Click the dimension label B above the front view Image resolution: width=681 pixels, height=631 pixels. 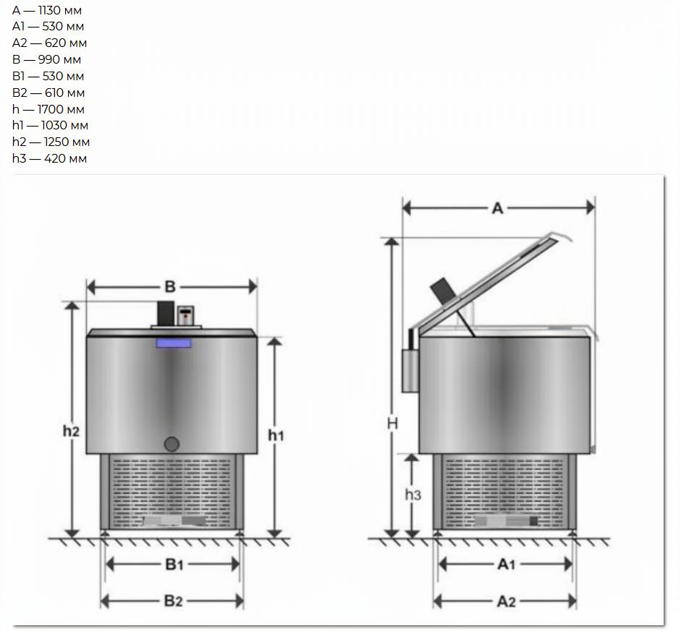[170, 287]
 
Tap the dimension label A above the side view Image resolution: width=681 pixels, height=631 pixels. [498, 209]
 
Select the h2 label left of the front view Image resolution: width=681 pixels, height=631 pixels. [71, 431]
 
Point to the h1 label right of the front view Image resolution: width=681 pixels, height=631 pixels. [276, 435]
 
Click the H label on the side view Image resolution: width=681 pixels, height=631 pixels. [392, 424]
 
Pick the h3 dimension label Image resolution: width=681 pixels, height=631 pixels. [413, 494]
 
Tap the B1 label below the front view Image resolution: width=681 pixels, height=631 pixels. [174, 565]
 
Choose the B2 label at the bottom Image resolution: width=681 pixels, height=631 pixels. [173, 601]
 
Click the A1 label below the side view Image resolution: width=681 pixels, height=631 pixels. [506, 565]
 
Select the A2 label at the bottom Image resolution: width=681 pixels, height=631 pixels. [506, 601]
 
